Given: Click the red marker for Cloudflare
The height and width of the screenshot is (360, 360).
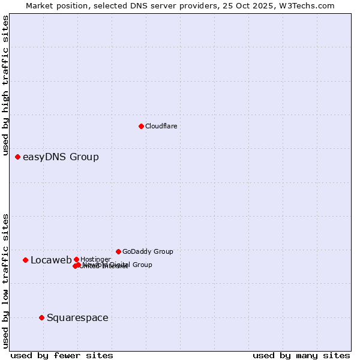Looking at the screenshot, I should point(141,126).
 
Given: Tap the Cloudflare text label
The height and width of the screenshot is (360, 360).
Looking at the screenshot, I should point(161,126).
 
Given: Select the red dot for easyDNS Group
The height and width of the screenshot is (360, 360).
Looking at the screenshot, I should point(18,157).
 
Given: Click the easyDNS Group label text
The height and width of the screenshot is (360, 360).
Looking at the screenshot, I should point(61,157).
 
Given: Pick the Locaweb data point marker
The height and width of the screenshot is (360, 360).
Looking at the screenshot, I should point(26,260).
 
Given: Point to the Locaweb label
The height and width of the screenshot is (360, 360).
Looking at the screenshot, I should point(51,260).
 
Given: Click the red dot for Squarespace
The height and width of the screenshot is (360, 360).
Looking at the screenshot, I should point(41,317).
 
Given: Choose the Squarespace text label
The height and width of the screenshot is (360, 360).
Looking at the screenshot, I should point(77,318).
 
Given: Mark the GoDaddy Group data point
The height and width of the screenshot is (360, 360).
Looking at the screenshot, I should point(118,251).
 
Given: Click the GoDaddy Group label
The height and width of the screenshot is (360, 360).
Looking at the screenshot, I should point(148,252).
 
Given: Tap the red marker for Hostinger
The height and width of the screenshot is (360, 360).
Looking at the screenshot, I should point(76,259).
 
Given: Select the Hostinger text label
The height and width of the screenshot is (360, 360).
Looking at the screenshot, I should point(95,259).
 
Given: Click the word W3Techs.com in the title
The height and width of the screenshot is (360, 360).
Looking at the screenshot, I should point(310,5).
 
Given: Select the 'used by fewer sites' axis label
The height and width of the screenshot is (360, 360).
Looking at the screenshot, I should point(62,355).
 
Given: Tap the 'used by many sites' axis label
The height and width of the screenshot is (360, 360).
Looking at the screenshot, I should point(301,355).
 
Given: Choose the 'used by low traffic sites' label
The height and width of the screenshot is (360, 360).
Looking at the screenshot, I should point(5,281).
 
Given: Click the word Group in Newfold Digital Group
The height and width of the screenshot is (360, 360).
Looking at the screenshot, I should point(142,265).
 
